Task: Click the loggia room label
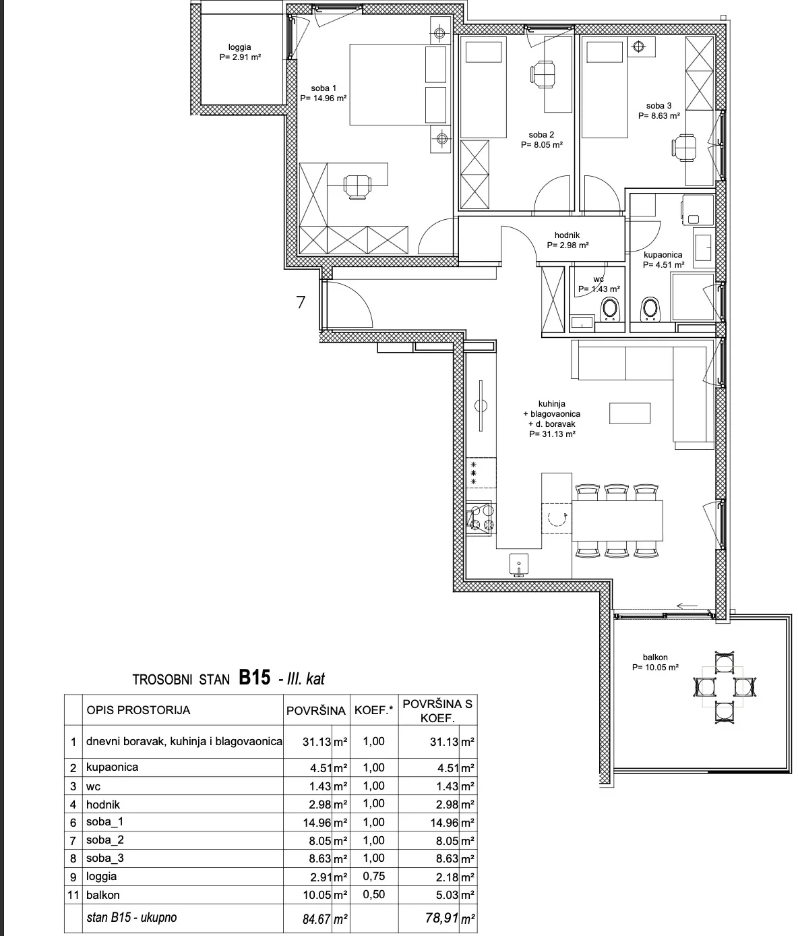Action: point(239,47)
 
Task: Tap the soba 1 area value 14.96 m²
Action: point(324,98)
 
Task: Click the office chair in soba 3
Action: point(684,148)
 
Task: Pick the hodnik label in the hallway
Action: point(567,235)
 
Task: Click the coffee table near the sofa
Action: point(630,413)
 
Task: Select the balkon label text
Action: point(655,657)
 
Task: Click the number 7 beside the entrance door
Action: point(301,302)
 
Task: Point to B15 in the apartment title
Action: point(254,678)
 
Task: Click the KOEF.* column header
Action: point(374,710)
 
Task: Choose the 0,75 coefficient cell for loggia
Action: point(374,876)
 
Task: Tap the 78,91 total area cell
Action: point(442,918)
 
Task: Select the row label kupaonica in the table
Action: point(113,767)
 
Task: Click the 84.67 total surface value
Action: point(317,918)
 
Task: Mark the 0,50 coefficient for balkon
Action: point(374,894)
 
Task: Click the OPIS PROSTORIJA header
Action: point(138,710)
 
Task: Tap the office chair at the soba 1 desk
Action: point(358,185)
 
